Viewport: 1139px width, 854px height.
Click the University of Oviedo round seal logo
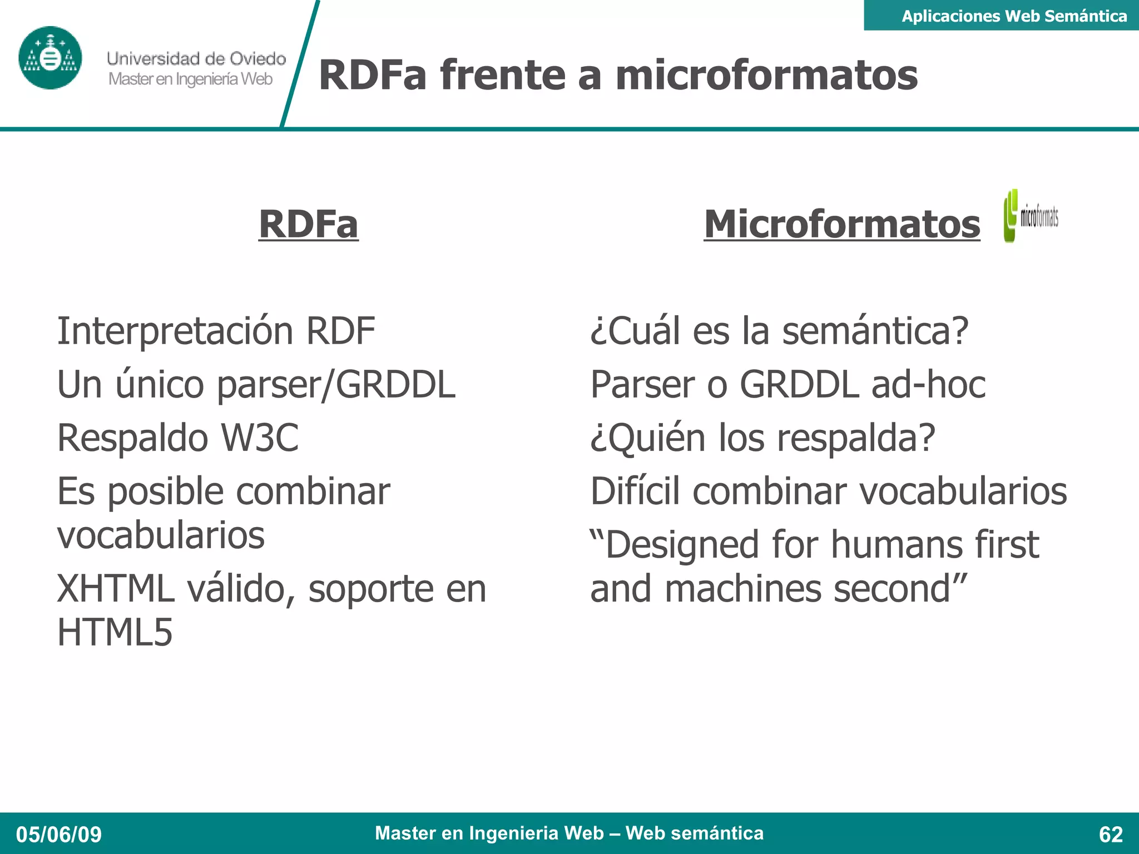coord(50,58)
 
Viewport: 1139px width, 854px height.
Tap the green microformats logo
coord(1031,216)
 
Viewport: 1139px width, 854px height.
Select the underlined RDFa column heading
coord(309,224)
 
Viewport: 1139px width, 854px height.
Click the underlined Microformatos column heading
coord(841,224)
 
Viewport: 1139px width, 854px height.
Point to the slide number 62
coord(1111,835)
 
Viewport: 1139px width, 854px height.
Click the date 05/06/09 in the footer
coord(59,835)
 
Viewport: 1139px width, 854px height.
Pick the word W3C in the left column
coord(260,438)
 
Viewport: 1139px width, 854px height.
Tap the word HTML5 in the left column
coord(115,632)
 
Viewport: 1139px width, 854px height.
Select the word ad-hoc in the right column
coord(928,384)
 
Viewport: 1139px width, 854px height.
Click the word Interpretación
coord(175,331)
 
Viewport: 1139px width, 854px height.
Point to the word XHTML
coord(116,589)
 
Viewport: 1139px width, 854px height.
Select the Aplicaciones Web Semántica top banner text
coord(1014,16)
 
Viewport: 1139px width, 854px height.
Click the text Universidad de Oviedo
coord(196,58)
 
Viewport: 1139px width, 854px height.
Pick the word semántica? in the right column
coord(875,331)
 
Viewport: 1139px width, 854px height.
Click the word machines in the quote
coord(743,589)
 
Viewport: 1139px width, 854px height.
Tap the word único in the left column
coord(160,384)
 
